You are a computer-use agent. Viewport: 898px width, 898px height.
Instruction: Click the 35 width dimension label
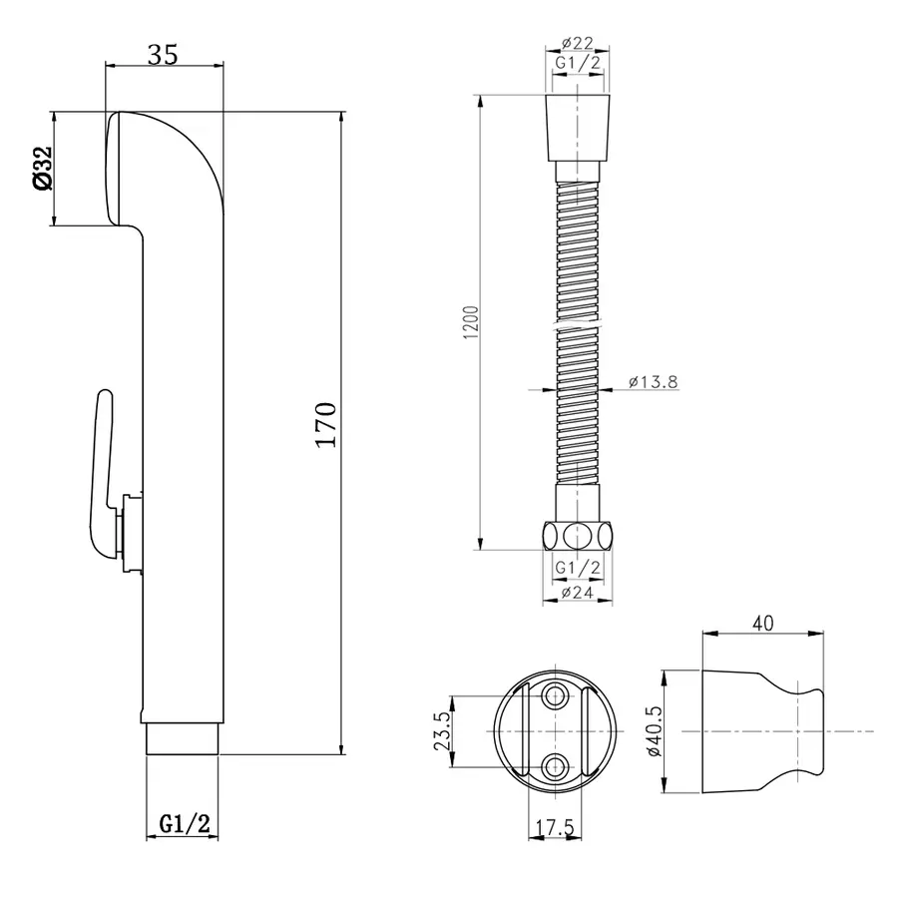coord(164,55)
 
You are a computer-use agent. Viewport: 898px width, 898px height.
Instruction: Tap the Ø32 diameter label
coord(43,168)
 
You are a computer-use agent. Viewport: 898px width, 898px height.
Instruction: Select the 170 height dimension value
coord(326,424)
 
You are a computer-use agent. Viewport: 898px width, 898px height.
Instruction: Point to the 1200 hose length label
coord(471,322)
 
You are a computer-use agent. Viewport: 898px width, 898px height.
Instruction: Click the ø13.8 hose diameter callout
coord(653,381)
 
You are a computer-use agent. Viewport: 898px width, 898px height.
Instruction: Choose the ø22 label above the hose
coord(578,43)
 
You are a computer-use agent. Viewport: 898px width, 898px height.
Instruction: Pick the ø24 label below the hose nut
coord(578,592)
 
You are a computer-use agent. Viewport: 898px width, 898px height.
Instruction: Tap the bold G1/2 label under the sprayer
coord(185,824)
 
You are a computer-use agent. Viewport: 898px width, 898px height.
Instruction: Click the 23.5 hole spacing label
coord(442,730)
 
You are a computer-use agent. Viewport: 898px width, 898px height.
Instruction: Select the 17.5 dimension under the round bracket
coord(555,827)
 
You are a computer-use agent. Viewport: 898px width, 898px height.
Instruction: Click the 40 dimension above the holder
coord(763,623)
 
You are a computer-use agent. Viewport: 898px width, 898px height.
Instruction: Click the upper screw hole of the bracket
coord(555,696)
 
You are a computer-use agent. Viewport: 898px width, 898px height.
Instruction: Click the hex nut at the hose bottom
coord(578,536)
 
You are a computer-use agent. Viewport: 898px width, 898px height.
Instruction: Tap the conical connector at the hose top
coord(578,129)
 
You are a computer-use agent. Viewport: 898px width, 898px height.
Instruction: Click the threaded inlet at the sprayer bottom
coord(183,739)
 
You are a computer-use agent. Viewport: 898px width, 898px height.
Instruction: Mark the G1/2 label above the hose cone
coord(578,63)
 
